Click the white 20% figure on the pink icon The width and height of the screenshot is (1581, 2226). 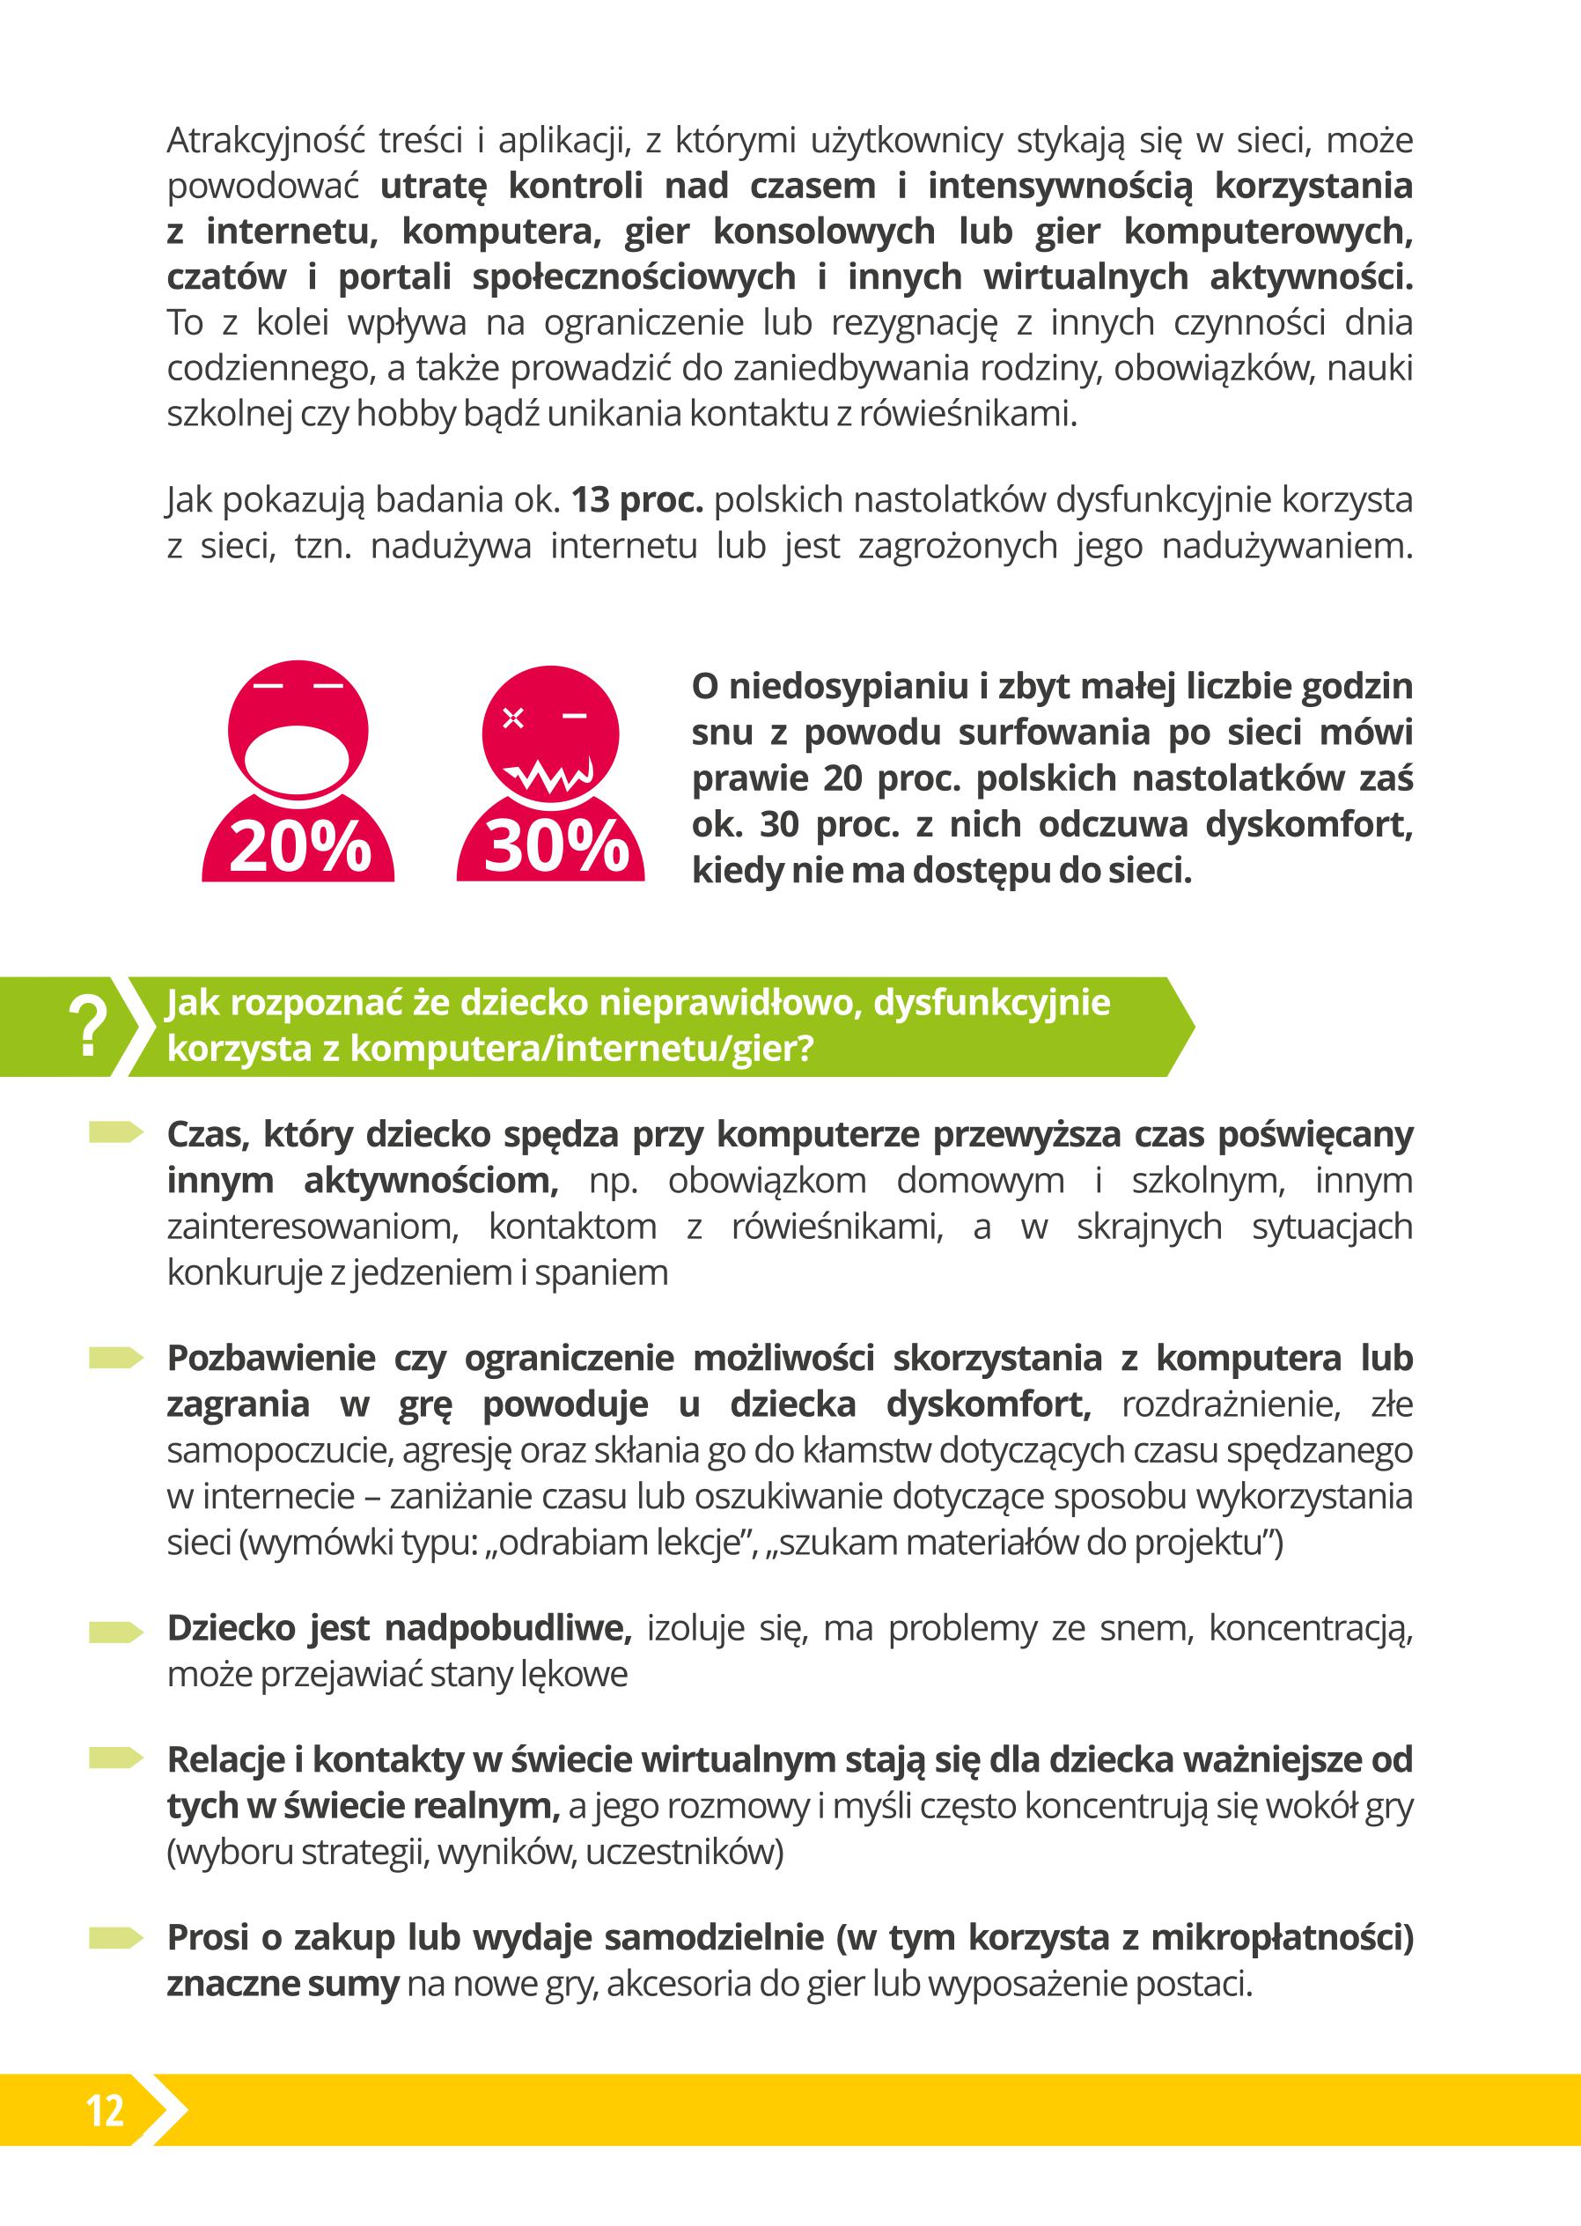pyautogui.click(x=300, y=846)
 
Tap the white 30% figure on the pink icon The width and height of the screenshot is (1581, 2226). pyautogui.click(x=555, y=846)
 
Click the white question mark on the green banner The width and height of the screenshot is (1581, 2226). pyautogui.click(x=88, y=1027)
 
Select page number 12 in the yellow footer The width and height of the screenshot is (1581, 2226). pyautogui.click(x=105, y=2110)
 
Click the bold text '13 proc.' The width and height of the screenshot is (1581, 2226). pyautogui.click(x=636, y=500)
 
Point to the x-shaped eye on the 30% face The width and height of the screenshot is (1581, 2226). pyautogui.click(x=513, y=719)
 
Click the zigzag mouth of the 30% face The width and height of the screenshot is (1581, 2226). pyautogui.click(x=552, y=777)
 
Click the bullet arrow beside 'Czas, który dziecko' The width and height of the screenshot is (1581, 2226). pyautogui.click(x=116, y=1132)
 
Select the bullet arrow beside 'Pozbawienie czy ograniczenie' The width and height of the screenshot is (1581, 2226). pyautogui.click(x=116, y=1358)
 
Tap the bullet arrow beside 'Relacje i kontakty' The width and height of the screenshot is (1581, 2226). pyautogui.click(x=116, y=1758)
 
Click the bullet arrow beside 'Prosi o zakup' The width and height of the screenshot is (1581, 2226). pyautogui.click(x=116, y=1938)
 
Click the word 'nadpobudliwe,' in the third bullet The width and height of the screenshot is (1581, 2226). pyautogui.click(x=508, y=1628)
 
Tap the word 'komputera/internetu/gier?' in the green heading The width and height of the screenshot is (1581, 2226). pyautogui.click(x=581, y=1050)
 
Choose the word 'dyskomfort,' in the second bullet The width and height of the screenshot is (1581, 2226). pyautogui.click(x=988, y=1404)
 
